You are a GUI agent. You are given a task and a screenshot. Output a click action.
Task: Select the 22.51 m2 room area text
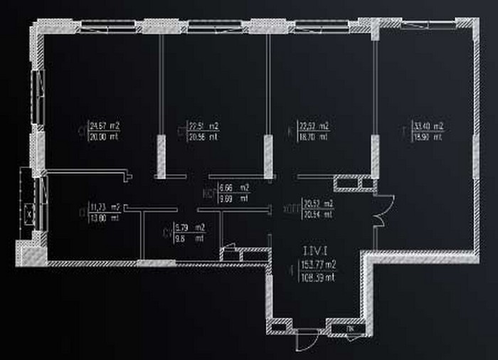(x=203, y=125)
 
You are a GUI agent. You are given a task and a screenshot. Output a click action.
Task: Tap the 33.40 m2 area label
(x=428, y=127)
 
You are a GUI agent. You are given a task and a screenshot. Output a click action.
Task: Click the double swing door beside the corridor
(x=380, y=212)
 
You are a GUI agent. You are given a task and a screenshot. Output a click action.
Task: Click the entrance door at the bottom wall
(x=307, y=334)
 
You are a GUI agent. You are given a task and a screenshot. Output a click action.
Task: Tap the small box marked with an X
(x=28, y=212)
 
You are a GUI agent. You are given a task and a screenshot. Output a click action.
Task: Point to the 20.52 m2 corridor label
(x=318, y=203)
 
